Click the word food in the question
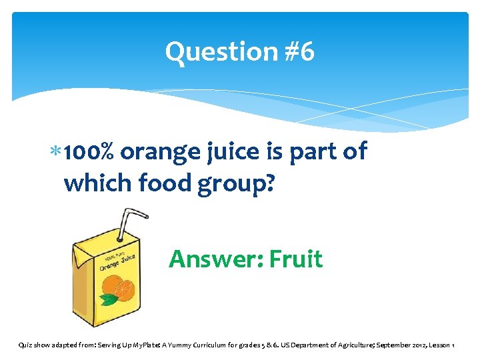pyautogui.click(x=169, y=182)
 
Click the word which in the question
pyautogui.click(x=98, y=181)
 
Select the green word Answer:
pyautogui.click(x=215, y=259)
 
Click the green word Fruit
pyautogui.click(x=296, y=259)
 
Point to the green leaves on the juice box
pyautogui.click(x=107, y=299)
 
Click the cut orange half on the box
pyautogui.click(x=125, y=289)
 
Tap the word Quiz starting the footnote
pyautogui.click(x=25, y=345)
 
